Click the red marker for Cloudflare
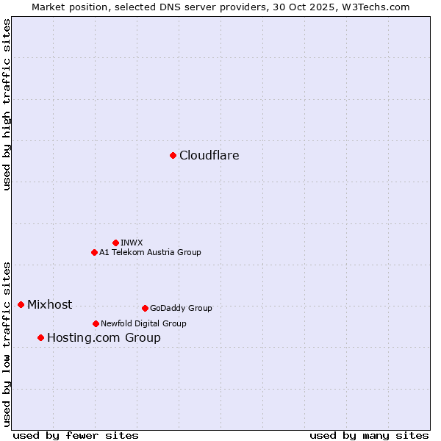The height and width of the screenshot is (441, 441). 173,155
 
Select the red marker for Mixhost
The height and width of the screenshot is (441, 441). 21,304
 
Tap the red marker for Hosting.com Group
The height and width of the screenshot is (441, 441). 40,337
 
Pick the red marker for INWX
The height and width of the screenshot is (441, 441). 115,243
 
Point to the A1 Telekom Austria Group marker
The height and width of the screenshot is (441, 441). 94,252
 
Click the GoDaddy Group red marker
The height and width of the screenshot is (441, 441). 145,308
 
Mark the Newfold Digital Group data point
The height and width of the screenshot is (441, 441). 96,323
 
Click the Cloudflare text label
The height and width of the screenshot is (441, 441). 209,155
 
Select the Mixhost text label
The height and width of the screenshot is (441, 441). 49,304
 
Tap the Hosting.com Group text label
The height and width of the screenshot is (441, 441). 104,337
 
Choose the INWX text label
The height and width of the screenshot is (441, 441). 132,243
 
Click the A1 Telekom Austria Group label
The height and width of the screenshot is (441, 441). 150,252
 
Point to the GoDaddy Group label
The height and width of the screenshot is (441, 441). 181,308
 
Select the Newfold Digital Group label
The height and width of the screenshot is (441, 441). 143,323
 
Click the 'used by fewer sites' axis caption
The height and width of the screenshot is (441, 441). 76,435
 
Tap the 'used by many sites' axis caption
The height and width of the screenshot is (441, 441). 369,435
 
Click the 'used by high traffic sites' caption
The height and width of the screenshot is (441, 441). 7,104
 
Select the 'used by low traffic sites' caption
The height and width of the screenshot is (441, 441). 7,343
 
